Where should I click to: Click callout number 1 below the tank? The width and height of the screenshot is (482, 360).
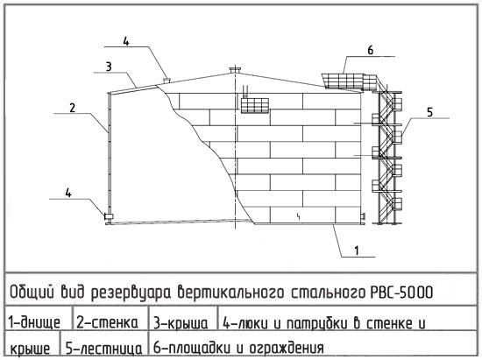[x=357, y=251]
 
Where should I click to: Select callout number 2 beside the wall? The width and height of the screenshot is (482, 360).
[x=72, y=108]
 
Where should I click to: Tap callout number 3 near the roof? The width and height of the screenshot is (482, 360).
[x=109, y=67]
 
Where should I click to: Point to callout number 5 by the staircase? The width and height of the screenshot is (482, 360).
[x=429, y=112]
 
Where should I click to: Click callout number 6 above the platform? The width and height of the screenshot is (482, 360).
[x=371, y=50]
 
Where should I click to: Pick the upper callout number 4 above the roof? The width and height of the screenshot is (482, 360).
[x=126, y=41]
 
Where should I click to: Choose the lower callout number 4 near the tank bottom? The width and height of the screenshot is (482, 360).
[x=68, y=193]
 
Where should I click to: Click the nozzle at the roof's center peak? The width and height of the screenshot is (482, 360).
[x=236, y=70]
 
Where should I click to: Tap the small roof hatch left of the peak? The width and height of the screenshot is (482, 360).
[x=167, y=80]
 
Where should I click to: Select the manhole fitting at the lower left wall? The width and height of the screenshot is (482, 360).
[x=109, y=216]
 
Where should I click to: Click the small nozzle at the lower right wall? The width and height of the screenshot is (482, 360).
[x=363, y=216]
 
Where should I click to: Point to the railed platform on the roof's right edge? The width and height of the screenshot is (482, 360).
[x=351, y=81]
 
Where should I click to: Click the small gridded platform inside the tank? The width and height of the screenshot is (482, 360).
[x=255, y=105]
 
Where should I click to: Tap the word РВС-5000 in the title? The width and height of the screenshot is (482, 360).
[x=400, y=292]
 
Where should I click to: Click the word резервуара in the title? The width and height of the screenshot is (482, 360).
[x=131, y=293]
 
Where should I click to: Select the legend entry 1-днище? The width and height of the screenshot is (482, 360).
[x=34, y=323]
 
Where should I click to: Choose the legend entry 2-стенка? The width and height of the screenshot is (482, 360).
[x=107, y=322]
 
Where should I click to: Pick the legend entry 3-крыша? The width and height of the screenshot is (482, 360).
[x=181, y=324]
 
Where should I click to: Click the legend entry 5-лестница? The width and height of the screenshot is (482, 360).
[x=104, y=349]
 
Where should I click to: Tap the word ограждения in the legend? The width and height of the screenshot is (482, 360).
[x=287, y=348]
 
